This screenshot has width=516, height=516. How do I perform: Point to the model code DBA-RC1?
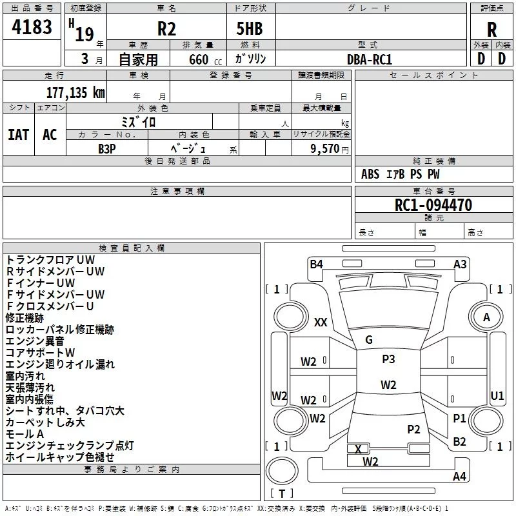370,59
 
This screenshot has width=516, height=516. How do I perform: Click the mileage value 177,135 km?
75,92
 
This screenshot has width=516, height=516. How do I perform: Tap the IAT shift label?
18,134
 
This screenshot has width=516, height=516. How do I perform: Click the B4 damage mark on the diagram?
316,264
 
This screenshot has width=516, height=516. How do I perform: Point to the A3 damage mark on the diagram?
460,264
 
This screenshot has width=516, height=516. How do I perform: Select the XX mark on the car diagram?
321,322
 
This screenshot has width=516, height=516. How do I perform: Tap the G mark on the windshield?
369,340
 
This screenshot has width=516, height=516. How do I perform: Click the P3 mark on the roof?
388,359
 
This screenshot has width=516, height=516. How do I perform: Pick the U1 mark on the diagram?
497,395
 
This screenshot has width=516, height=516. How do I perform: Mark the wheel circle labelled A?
486,317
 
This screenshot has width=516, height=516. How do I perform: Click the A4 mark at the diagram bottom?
459,477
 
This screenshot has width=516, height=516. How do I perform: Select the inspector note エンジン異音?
35,341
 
